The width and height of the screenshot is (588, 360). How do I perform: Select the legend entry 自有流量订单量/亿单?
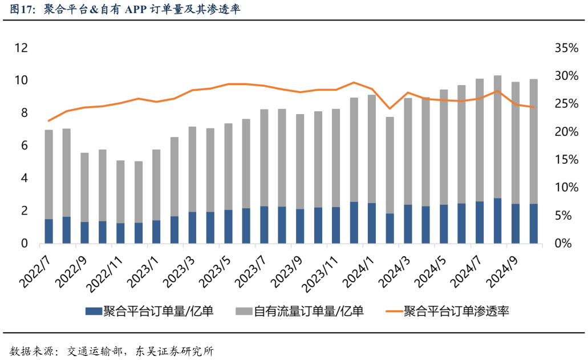click(x=299, y=311)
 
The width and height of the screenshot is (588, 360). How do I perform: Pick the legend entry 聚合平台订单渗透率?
click(x=447, y=311)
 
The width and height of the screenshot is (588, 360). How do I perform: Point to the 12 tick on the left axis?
click(x=21, y=48)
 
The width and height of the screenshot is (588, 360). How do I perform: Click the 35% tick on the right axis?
click(x=566, y=48)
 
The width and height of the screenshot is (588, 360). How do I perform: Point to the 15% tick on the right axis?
click(x=566, y=160)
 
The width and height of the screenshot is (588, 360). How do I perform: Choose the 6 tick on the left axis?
click(x=24, y=146)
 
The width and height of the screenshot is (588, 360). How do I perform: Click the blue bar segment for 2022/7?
click(x=49, y=231)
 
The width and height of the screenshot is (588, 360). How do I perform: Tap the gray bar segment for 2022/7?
click(x=49, y=174)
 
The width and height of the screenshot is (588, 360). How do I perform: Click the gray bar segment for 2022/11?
click(x=121, y=192)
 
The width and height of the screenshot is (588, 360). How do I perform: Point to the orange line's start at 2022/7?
click(x=49, y=121)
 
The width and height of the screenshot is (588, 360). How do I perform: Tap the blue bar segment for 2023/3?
click(x=192, y=228)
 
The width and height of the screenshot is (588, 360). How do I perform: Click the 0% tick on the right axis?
click(x=569, y=244)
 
